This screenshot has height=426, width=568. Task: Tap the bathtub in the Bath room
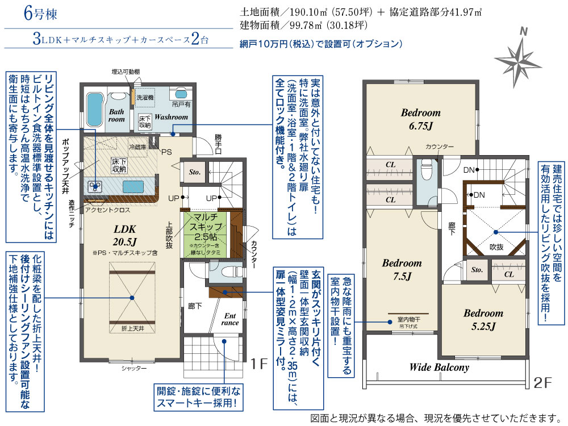[93, 107]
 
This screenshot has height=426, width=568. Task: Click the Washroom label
[171, 117]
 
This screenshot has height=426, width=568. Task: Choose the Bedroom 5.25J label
[483, 319]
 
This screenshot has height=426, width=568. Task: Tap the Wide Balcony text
[439, 367]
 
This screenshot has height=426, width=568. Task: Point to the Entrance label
[230, 319]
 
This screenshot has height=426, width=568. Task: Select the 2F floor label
[544, 382]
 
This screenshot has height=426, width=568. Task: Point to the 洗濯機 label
[144, 98]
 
